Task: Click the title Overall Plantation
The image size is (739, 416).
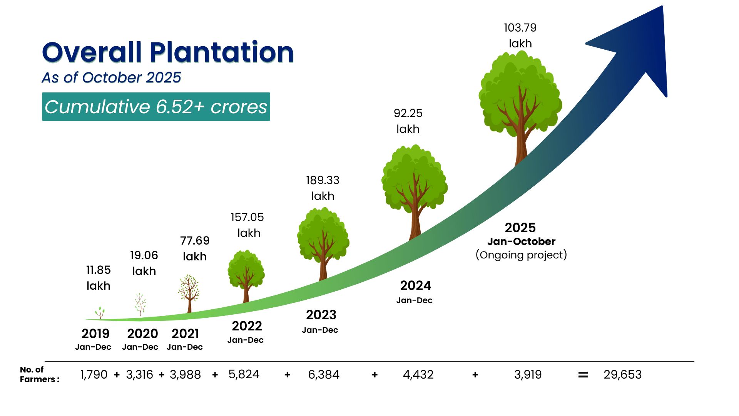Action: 168,52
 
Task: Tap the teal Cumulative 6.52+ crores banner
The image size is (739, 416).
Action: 156,107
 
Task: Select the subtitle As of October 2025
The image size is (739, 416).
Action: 111,77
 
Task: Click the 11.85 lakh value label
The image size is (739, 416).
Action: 98,278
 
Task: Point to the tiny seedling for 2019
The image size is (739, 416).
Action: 100,312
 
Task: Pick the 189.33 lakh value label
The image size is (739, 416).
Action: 323,188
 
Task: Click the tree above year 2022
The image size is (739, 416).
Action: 246,274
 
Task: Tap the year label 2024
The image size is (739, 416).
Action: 415,286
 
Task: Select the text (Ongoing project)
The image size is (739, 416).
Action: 521,255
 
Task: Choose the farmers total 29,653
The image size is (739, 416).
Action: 622,374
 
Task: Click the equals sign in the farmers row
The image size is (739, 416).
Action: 583,374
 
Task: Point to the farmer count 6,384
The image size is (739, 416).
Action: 323,374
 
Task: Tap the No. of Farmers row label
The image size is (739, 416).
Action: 39,374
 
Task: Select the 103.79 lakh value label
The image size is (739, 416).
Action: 520,35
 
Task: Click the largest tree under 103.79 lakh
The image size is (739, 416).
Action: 520,100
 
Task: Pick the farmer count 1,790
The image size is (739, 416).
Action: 94,374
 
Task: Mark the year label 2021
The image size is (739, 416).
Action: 185,334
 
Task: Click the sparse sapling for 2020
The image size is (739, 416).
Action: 140,304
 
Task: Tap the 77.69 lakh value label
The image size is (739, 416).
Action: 195,248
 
